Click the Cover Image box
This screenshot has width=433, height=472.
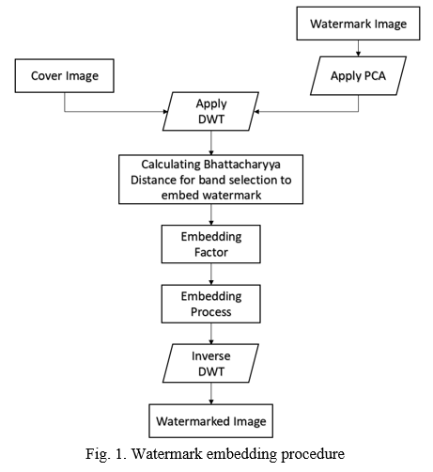click(65, 76)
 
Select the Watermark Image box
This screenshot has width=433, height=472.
click(358, 24)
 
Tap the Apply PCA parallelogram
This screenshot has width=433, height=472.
click(358, 76)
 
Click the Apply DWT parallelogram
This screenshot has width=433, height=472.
click(210, 111)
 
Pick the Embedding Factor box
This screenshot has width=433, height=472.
click(210, 244)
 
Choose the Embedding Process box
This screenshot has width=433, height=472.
click(210, 304)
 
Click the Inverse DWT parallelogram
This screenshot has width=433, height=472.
click(210, 363)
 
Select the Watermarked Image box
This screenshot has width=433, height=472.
click(210, 421)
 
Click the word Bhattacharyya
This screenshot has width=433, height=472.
click(241, 165)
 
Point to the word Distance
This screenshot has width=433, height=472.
click(153, 180)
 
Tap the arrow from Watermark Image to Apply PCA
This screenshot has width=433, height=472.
click(358, 48)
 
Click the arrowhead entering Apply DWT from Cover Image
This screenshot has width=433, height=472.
click(166, 111)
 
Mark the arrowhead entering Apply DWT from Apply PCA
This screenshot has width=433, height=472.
click(256, 111)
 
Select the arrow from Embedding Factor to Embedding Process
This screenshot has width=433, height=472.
click(211, 274)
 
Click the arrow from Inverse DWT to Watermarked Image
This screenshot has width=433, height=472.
click(211, 393)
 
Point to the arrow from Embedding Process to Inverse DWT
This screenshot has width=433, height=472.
click(211, 334)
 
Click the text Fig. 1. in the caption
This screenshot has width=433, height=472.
click(106, 454)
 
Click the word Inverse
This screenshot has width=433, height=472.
click(211, 356)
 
